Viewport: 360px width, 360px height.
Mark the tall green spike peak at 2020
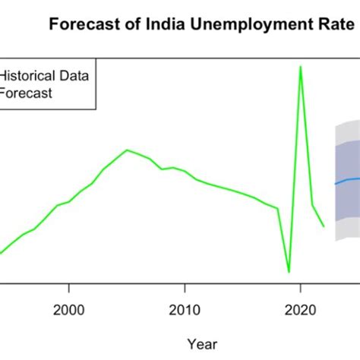point(301,66)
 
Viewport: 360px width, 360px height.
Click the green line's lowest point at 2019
point(289,271)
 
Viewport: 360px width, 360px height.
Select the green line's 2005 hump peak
point(127,150)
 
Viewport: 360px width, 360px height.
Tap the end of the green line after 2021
point(324,226)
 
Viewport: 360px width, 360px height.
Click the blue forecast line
point(348,179)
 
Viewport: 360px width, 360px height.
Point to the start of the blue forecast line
point(336,184)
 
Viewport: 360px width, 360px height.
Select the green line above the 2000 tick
point(68,202)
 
